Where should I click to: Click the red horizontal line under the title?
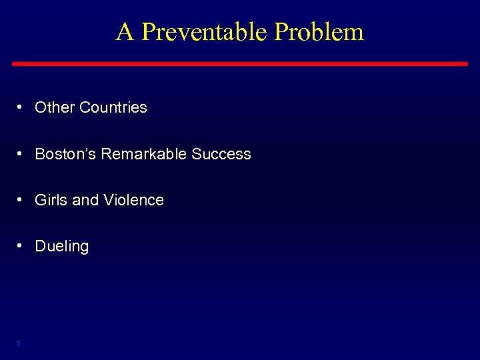coord(240,63)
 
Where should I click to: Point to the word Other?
coord(55,107)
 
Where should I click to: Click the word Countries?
coord(113,107)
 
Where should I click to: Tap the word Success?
coord(221,154)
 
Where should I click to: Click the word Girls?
coord(50,200)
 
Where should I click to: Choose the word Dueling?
coord(61,247)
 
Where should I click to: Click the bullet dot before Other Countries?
coord(22,107)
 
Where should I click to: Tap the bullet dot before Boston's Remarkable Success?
coord(22,154)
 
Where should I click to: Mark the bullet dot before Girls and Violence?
coord(22,200)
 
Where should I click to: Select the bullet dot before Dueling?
coord(22,246)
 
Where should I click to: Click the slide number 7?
coord(18,343)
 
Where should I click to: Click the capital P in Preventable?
coord(148,31)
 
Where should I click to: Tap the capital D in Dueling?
coord(40,246)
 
